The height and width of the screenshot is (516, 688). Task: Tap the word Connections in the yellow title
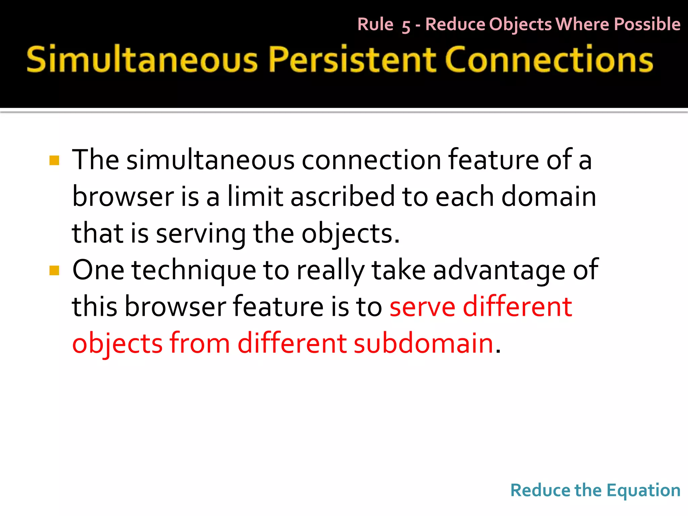pyautogui.click(x=549, y=60)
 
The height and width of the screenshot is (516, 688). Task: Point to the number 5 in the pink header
pyautogui.click(x=406, y=26)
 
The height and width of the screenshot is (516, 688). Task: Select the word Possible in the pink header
pyautogui.click(x=647, y=25)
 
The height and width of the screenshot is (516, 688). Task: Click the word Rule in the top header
pyautogui.click(x=375, y=25)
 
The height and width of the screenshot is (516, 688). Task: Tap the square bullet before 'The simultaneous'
pyautogui.click(x=54, y=161)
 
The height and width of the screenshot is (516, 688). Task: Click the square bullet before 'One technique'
pyautogui.click(x=54, y=270)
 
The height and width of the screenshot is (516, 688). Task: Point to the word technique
pyautogui.click(x=193, y=270)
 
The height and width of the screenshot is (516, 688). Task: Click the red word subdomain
pyautogui.click(x=423, y=343)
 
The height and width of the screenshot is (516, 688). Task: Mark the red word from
pyautogui.click(x=200, y=343)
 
